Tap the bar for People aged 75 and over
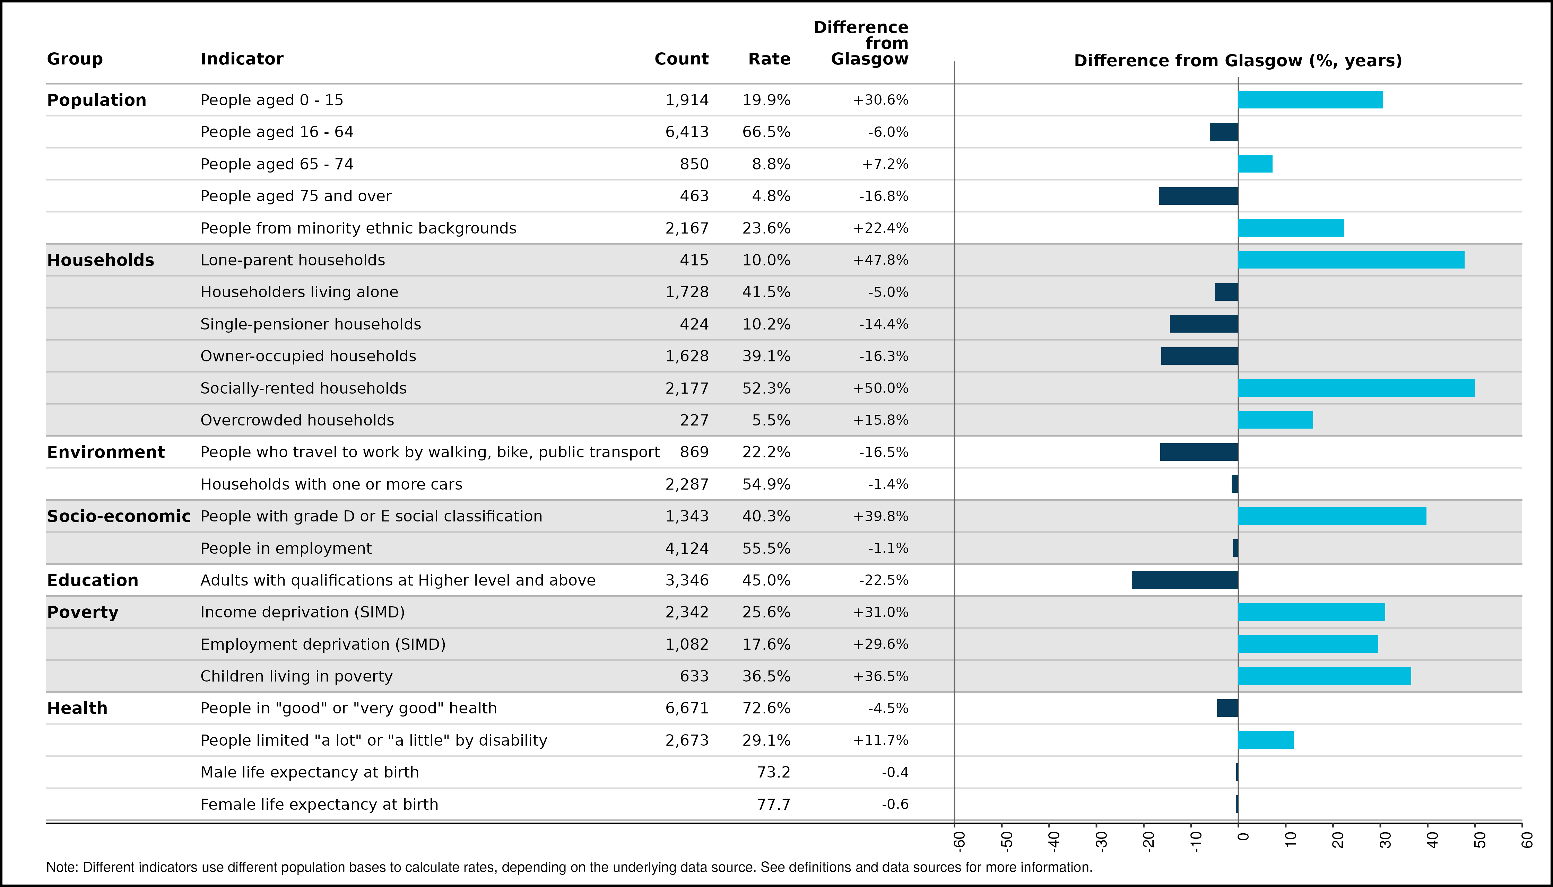tap(1198, 196)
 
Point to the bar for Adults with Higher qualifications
tap(1185, 580)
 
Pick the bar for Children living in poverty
tap(1325, 676)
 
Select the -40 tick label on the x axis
tap(1054, 841)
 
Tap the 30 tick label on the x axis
tap(1385, 841)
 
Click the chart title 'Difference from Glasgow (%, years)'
tap(1238, 61)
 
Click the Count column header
tap(682, 59)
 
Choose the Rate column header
tap(769, 59)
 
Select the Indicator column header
tap(242, 59)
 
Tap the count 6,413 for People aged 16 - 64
tap(687, 132)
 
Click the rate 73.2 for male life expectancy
tap(773, 772)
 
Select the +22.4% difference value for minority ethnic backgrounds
tap(881, 228)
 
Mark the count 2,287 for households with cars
tap(687, 484)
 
